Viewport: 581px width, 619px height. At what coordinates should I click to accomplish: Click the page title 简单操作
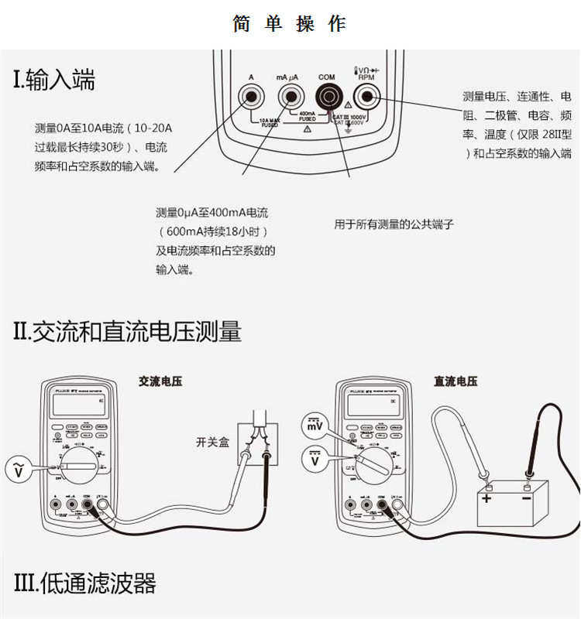[290, 24]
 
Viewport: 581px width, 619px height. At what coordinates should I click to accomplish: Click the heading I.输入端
[54, 80]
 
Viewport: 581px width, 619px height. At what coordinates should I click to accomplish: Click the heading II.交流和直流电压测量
[128, 332]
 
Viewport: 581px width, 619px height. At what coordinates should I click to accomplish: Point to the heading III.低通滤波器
[85, 583]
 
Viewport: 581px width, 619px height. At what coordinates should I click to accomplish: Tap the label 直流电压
[456, 381]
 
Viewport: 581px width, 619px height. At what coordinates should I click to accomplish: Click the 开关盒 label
[212, 443]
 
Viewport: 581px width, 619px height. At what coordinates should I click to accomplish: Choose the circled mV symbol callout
[315, 426]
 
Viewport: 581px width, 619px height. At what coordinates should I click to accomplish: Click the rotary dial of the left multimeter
[78, 467]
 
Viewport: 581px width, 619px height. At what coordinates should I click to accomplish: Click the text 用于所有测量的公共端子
[393, 225]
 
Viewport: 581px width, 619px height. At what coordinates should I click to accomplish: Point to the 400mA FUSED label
[308, 116]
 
